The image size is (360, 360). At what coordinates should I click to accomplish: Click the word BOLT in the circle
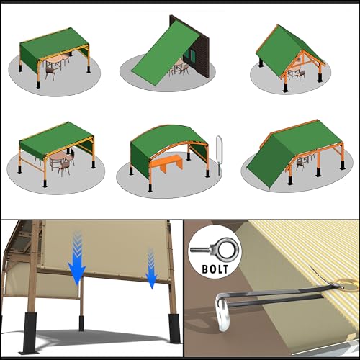[x=215, y=269]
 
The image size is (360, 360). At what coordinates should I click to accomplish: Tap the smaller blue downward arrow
[x=151, y=269]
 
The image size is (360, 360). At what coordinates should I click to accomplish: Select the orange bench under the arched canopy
[x=166, y=163]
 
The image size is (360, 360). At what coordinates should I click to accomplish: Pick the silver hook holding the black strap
[x=221, y=312]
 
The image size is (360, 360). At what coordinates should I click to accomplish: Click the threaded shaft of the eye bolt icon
[x=201, y=250]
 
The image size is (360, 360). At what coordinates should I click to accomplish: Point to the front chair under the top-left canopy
[x=50, y=73]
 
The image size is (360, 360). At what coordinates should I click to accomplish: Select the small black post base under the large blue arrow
[x=81, y=323]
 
